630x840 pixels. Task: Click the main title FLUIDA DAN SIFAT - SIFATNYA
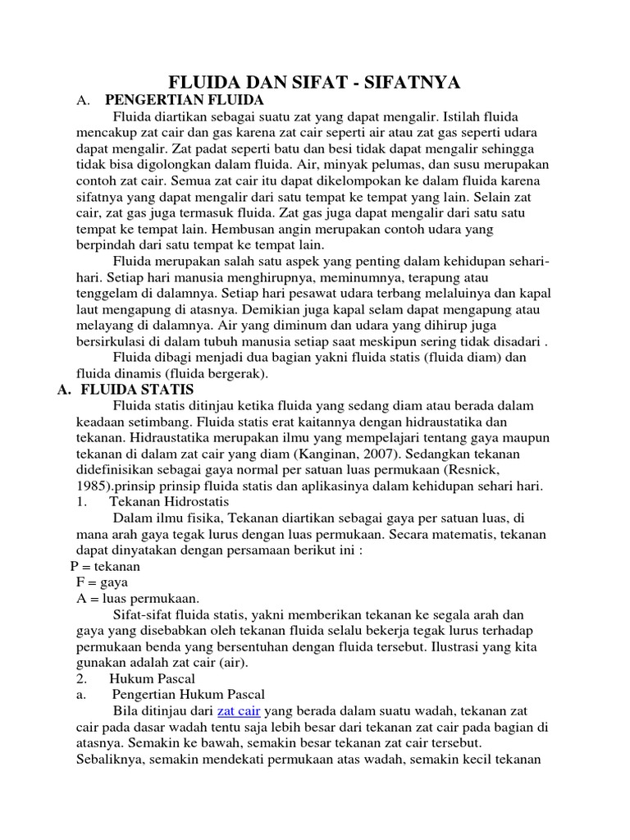(x=314, y=82)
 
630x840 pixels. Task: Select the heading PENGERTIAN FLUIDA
(x=184, y=101)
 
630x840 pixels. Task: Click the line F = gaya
(x=102, y=582)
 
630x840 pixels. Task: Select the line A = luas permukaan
(x=137, y=599)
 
